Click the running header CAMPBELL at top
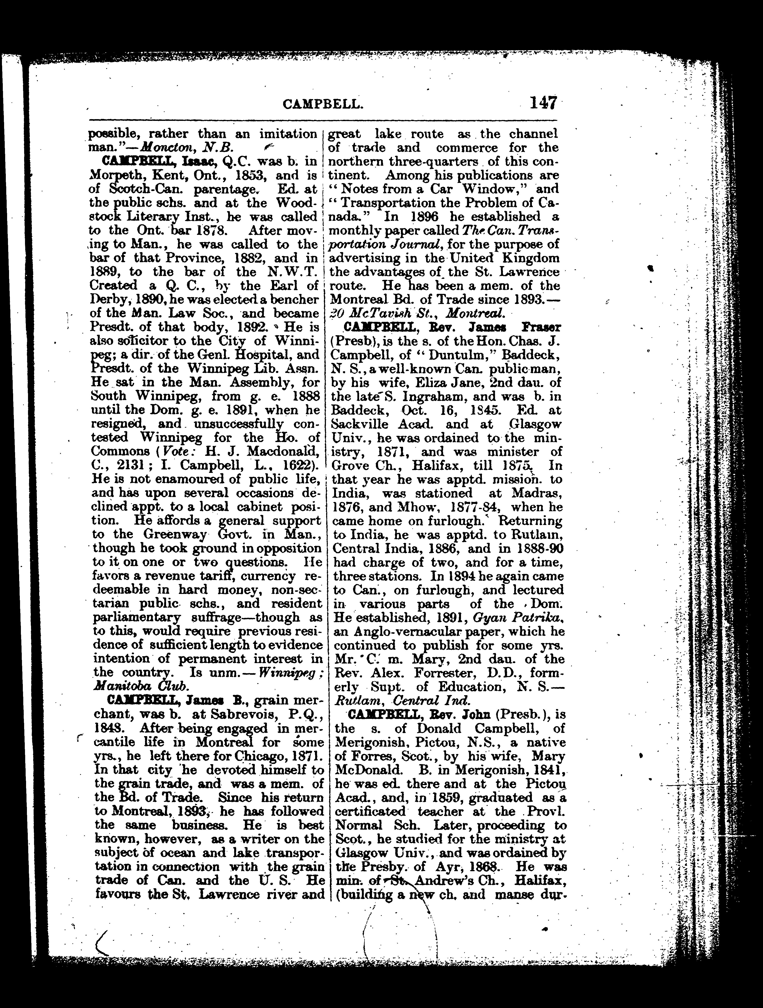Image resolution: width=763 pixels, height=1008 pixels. pyautogui.click(x=323, y=105)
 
